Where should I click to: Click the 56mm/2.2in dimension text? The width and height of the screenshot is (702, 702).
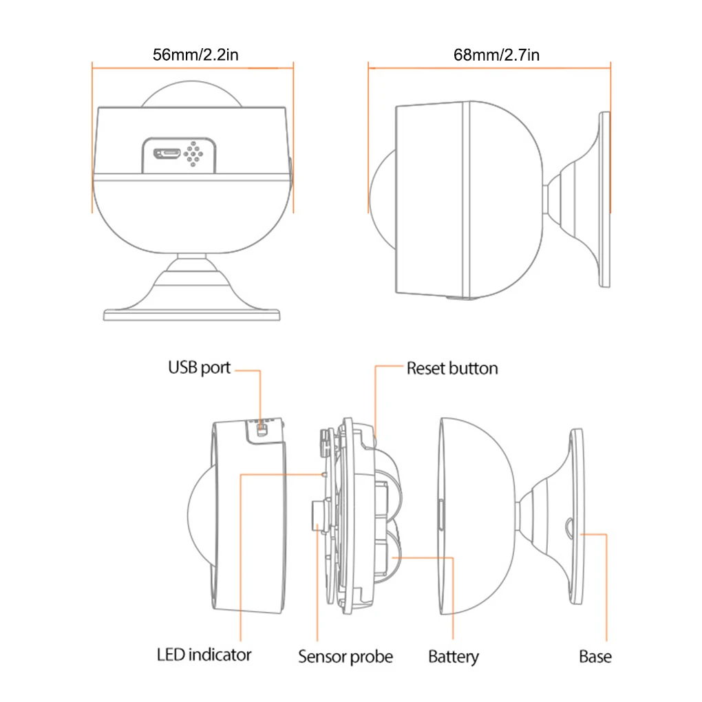[x=195, y=54]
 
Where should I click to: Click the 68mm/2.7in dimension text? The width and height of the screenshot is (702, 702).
[x=496, y=54]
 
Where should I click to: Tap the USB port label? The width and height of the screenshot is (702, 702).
[x=199, y=368]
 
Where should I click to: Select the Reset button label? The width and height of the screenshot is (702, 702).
[x=452, y=368]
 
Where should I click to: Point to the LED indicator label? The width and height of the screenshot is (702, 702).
[x=204, y=654]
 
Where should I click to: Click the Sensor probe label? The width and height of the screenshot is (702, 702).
[x=345, y=656]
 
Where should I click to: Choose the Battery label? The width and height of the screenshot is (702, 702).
[x=454, y=656]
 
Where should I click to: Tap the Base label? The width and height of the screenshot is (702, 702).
[x=595, y=656]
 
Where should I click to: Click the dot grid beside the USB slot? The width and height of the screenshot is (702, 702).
[x=193, y=154]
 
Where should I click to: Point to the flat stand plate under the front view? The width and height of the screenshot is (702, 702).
[x=192, y=315]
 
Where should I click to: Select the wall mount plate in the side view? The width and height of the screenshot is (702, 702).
[x=604, y=199]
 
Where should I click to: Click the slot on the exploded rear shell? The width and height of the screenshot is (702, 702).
[x=440, y=517]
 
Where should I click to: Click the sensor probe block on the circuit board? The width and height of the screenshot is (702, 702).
[x=318, y=516]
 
